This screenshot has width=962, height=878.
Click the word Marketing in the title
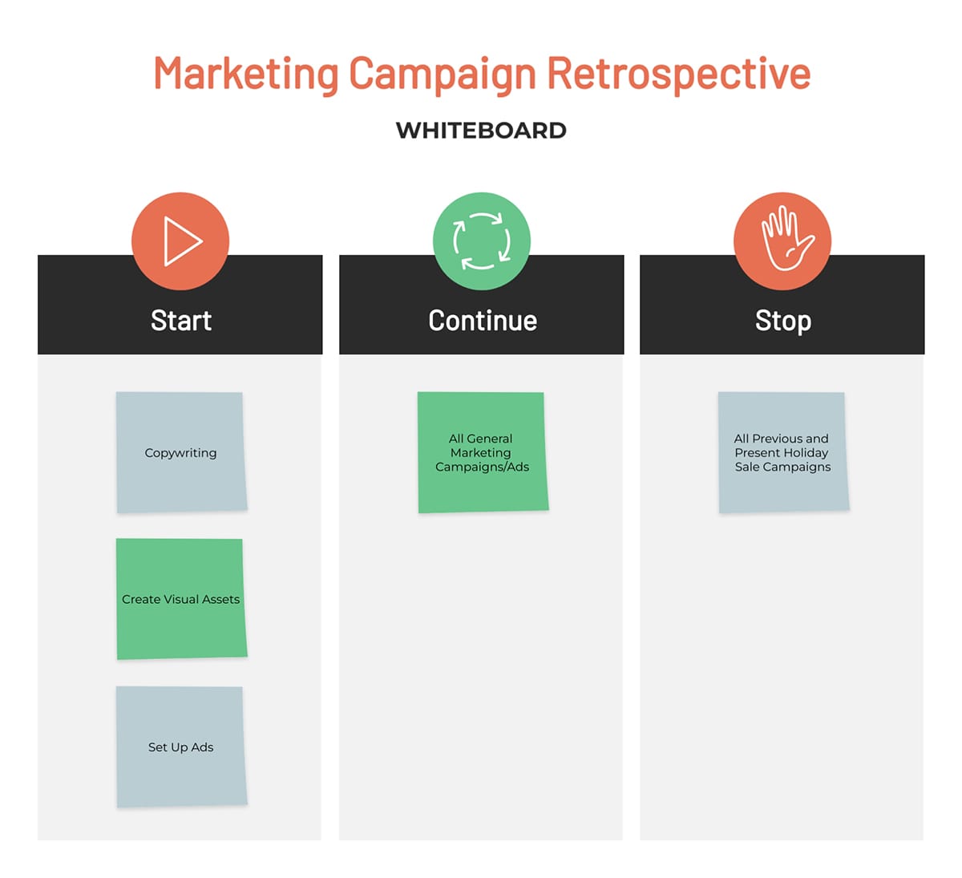coord(246,74)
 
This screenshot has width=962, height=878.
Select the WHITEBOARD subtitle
coord(481,131)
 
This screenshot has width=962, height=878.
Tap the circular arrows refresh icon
coord(482,241)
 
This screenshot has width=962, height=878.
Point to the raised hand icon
coord(787,238)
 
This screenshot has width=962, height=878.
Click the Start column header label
coord(181,321)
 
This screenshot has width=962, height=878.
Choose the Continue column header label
coord(483,321)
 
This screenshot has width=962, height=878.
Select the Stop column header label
coord(783,322)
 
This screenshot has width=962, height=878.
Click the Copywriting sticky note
coord(181,452)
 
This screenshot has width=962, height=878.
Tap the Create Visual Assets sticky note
coord(181,599)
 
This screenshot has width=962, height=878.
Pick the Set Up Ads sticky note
coord(181,747)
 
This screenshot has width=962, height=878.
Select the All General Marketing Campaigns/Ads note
coord(483,452)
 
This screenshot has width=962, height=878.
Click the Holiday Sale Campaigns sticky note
coord(783,452)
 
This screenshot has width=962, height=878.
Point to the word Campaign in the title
coord(443,75)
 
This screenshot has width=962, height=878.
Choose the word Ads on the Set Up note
coord(202,747)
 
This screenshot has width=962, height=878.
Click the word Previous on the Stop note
coord(777,438)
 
